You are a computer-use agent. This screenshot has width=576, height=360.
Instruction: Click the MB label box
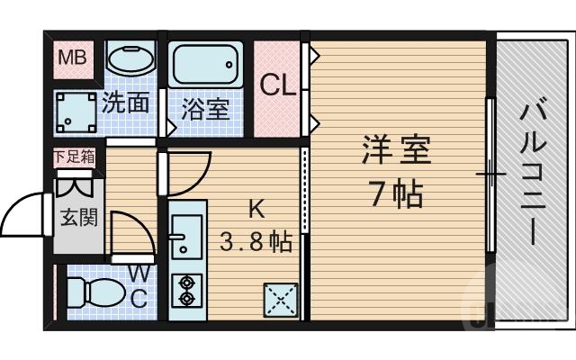(71, 59)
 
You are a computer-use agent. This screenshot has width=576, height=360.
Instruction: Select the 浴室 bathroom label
(205, 110)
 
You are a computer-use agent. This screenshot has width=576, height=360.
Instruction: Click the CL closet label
(277, 85)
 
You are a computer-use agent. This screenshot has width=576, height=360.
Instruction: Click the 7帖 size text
(396, 193)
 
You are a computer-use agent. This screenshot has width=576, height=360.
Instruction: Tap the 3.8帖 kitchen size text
(256, 241)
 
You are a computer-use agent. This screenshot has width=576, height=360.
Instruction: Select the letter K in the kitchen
(256, 210)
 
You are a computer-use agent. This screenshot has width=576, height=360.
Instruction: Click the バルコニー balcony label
(531, 175)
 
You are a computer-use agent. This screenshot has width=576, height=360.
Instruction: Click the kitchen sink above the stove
(186, 237)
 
